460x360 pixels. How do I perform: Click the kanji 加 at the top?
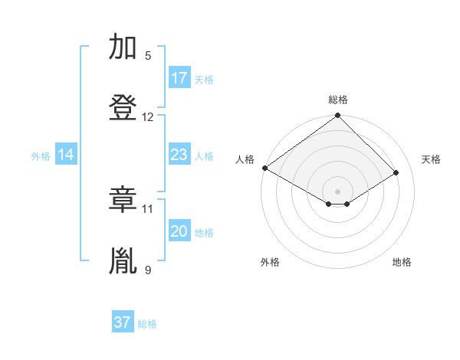123,48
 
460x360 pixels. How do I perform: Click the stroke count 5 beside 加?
148,56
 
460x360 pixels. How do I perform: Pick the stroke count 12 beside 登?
148,117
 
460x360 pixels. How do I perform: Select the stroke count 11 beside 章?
148,208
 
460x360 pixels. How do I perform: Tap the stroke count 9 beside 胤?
148,270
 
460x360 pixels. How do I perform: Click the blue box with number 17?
179,78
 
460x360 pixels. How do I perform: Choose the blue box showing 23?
179,155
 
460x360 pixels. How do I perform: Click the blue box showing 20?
179,231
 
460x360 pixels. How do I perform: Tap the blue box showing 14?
66,155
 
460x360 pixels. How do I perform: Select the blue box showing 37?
123,322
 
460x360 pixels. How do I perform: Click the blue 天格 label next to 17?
204,79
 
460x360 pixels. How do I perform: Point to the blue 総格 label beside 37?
147,324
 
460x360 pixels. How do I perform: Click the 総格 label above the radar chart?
338,100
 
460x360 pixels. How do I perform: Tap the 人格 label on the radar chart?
245,159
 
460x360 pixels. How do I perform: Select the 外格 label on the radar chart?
270,262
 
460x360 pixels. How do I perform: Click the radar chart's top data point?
337,116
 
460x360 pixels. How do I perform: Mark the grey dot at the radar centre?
337,191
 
